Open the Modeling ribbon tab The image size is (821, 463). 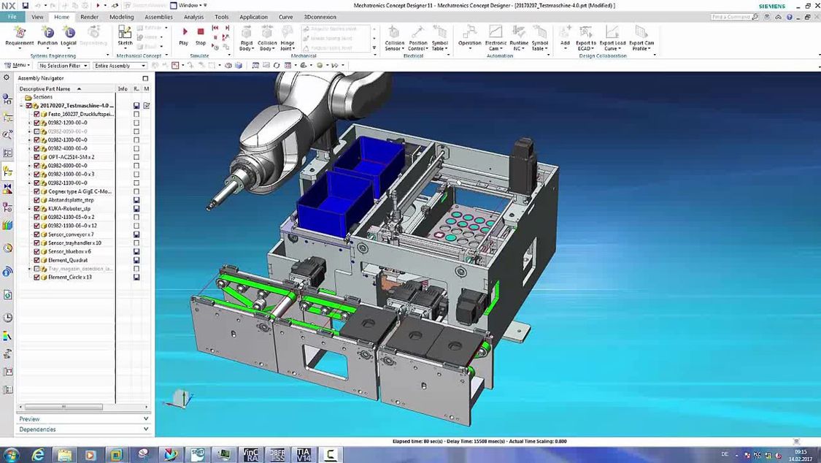(x=121, y=17)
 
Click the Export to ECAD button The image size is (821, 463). (x=585, y=37)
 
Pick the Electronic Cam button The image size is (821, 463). (x=496, y=37)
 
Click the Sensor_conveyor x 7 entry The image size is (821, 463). (x=71, y=234)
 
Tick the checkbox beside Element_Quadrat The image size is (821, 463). (x=37, y=260)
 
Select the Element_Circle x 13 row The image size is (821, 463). (x=69, y=278)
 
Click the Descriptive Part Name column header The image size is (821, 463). (x=45, y=89)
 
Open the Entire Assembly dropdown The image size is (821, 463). (x=120, y=66)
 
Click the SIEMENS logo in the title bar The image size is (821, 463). (x=772, y=6)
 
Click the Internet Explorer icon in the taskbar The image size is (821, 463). (x=38, y=455)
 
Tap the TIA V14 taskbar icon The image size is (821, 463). (x=303, y=455)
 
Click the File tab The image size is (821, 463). (x=12, y=17)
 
